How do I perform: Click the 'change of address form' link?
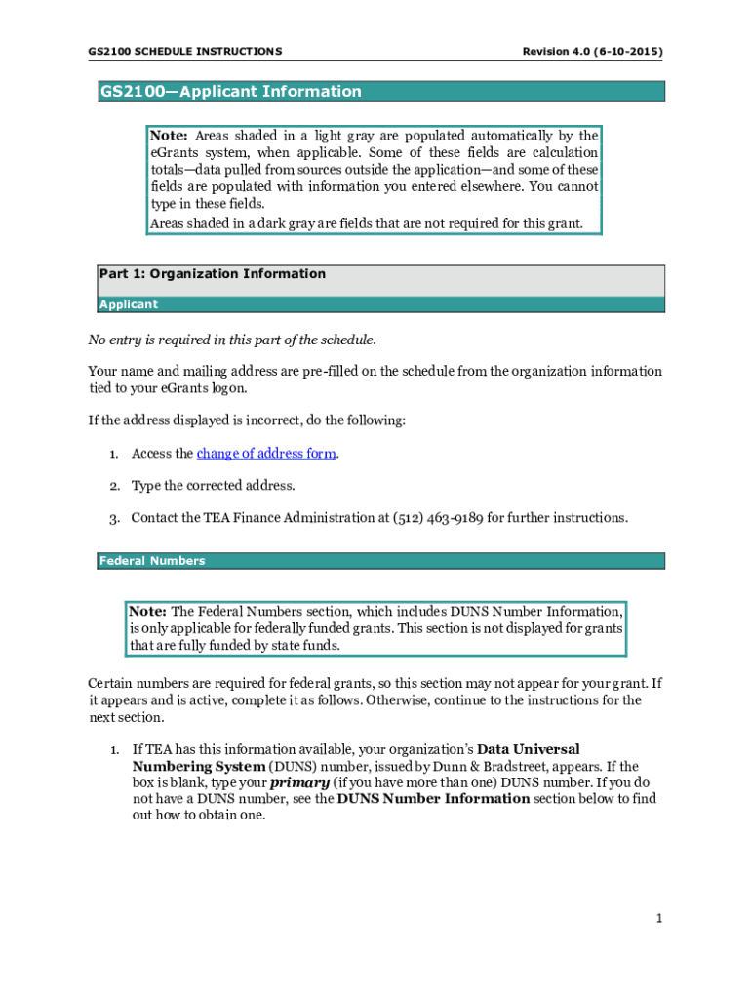[x=266, y=454]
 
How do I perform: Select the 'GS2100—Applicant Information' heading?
[x=230, y=92]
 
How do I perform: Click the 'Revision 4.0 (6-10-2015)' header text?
[x=593, y=50]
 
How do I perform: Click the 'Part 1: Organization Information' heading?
[x=213, y=274]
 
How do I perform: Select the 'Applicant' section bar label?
[x=129, y=304]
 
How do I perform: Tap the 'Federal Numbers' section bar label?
[x=151, y=561]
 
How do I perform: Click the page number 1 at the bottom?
[x=659, y=918]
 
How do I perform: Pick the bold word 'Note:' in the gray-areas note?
[x=168, y=136]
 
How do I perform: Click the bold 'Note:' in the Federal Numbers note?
[x=148, y=611]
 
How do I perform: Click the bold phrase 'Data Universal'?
[x=528, y=749]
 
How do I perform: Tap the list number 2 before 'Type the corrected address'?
[x=114, y=486]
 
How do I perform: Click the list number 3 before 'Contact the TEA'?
[x=114, y=518]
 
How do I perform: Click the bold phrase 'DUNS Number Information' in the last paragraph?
[x=433, y=798]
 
